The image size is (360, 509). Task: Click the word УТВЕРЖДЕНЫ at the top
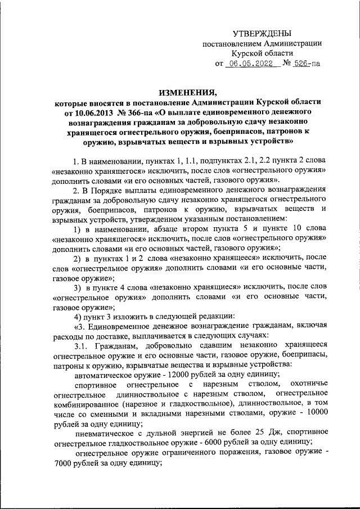click(263, 34)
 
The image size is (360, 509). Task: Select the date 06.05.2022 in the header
click(252, 64)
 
